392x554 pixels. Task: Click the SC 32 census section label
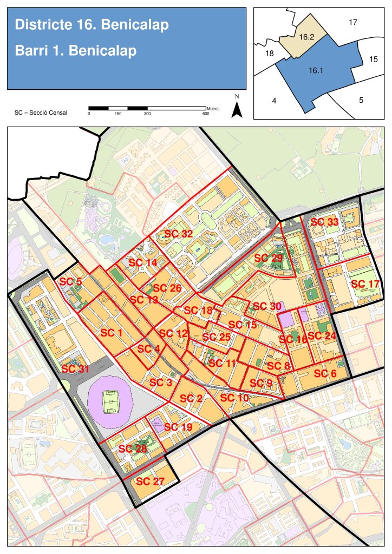[x=179, y=234]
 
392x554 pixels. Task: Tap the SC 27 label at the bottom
[x=150, y=481]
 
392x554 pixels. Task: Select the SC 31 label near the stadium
[x=75, y=369]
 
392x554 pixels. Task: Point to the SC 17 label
[x=365, y=284]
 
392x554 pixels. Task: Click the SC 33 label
[x=324, y=222]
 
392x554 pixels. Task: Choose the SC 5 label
[x=71, y=281]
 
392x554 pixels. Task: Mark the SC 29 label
[x=268, y=258]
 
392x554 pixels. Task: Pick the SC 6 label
[x=325, y=373]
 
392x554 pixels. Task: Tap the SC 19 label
[x=178, y=427]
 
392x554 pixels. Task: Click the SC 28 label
[x=133, y=449]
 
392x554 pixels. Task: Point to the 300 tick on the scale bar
[x=147, y=114]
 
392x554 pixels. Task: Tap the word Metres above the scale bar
[x=213, y=108]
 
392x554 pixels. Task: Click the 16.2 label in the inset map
[x=306, y=37]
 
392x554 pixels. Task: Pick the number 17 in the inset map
[x=353, y=22]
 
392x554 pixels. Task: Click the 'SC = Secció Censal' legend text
[x=41, y=113]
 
